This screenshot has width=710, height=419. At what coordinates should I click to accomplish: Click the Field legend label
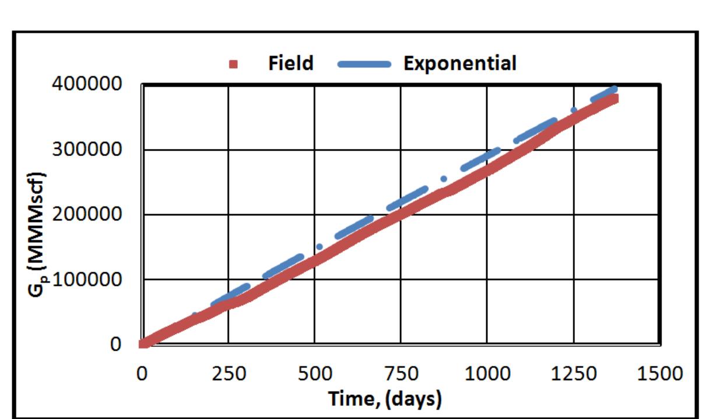pyautogui.click(x=290, y=63)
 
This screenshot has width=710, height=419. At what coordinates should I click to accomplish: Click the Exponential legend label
pyautogui.click(x=459, y=63)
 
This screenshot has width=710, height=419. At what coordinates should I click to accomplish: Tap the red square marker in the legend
pyautogui.click(x=233, y=65)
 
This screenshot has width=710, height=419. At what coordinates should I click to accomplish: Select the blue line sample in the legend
pyautogui.click(x=364, y=65)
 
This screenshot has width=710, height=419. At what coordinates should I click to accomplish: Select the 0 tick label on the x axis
pyautogui.click(x=142, y=373)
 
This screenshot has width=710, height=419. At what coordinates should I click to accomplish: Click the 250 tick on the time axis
pyautogui.click(x=228, y=373)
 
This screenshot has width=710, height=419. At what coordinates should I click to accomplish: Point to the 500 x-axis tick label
pyautogui.click(x=314, y=373)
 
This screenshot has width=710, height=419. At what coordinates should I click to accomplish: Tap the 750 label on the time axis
pyautogui.click(x=400, y=373)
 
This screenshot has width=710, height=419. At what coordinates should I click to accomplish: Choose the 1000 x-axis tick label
pyautogui.click(x=487, y=373)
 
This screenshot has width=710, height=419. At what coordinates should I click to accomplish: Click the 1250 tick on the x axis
pyautogui.click(x=573, y=373)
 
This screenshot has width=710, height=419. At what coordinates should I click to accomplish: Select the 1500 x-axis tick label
pyautogui.click(x=659, y=373)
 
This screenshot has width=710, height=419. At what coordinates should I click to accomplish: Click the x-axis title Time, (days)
pyautogui.click(x=385, y=399)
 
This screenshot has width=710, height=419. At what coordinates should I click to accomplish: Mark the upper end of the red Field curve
pyautogui.click(x=613, y=99)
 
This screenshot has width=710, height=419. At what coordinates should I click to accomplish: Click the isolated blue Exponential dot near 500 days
pyautogui.click(x=319, y=247)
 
